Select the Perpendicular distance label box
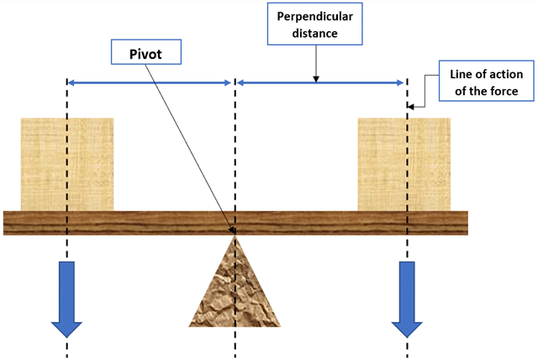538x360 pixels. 316,26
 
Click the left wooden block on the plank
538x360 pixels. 67,164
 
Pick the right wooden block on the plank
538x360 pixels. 404,164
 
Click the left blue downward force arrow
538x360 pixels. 66,298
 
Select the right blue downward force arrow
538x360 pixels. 408,298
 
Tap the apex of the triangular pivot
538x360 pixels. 235,236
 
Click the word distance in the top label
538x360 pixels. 316,34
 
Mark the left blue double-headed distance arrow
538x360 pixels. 149,82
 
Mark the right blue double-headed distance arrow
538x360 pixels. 320,82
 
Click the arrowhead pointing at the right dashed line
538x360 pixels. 413,106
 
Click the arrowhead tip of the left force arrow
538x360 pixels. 66,335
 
